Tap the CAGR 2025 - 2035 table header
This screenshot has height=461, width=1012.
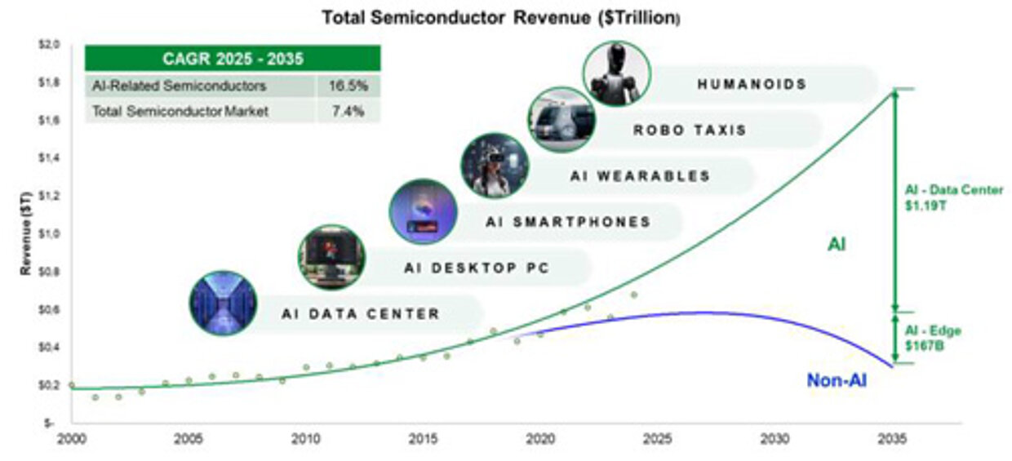(x=233, y=59)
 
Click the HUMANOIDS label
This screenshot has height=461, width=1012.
(x=752, y=84)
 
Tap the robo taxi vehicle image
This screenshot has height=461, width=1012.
(x=561, y=120)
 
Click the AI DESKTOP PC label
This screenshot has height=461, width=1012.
(x=477, y=268)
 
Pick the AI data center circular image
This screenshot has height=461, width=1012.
(x=223, y=304)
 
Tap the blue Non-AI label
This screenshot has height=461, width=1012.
(x=837, y=379)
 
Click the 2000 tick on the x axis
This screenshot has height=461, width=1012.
(x=71, y=439)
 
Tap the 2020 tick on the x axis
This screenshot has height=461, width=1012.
(x=540, y=439)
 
